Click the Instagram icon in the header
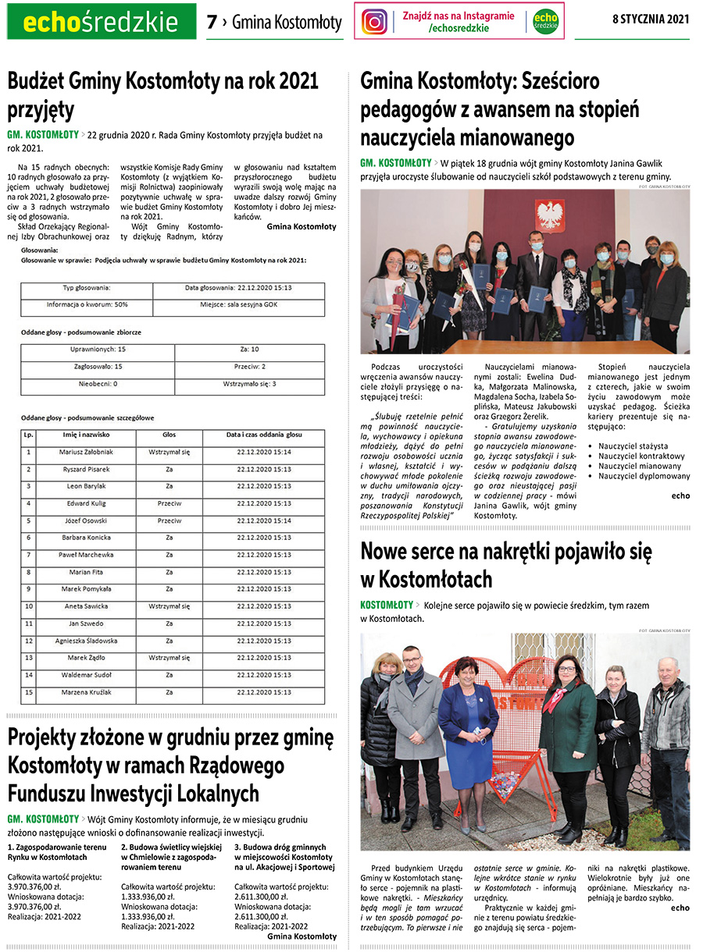coord(375,21)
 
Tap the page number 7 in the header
coord(212,23)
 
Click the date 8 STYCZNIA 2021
coord(651,20)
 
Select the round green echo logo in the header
coord(545,21)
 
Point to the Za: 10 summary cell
coord(250,350)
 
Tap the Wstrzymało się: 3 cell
coord(250,384)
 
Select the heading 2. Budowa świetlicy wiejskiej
coord(171,846)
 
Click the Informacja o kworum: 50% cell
coord(87,304)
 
